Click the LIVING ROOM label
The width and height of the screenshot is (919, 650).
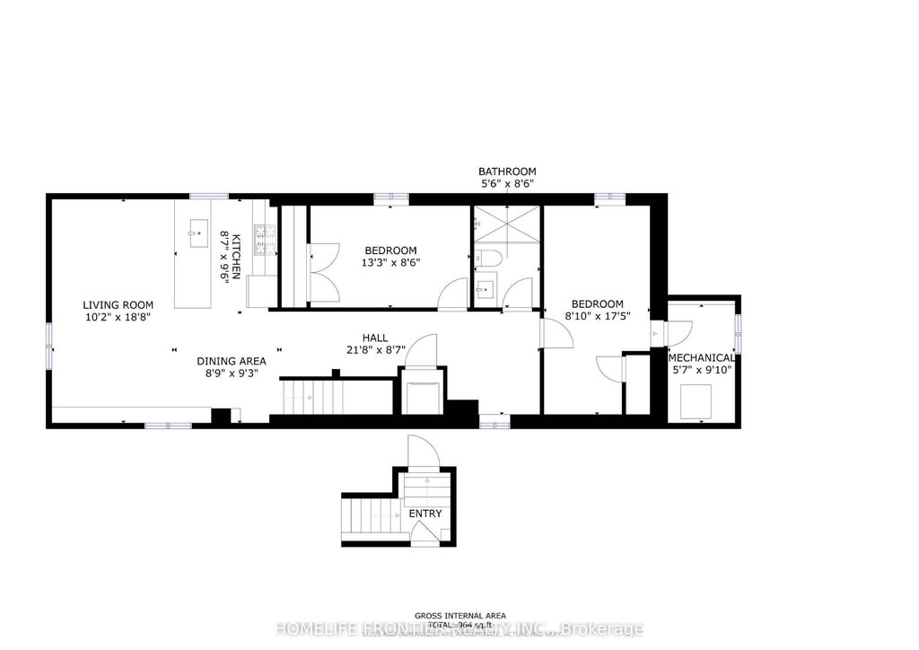click(118, 304)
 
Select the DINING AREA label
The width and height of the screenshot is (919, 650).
click(232, 361)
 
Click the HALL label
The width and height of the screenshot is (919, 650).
click(374, 337)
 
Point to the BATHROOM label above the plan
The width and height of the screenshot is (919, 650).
click(507, 171)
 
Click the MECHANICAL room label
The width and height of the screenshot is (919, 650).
click(702, 357)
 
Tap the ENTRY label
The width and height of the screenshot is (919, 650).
click(424, 514)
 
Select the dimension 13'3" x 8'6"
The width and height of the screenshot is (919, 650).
click(390, 263)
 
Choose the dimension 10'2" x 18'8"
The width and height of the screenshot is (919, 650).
click(118, 317)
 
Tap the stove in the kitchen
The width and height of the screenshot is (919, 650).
click(264, 238)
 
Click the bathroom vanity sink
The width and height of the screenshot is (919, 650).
click(486, 288)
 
